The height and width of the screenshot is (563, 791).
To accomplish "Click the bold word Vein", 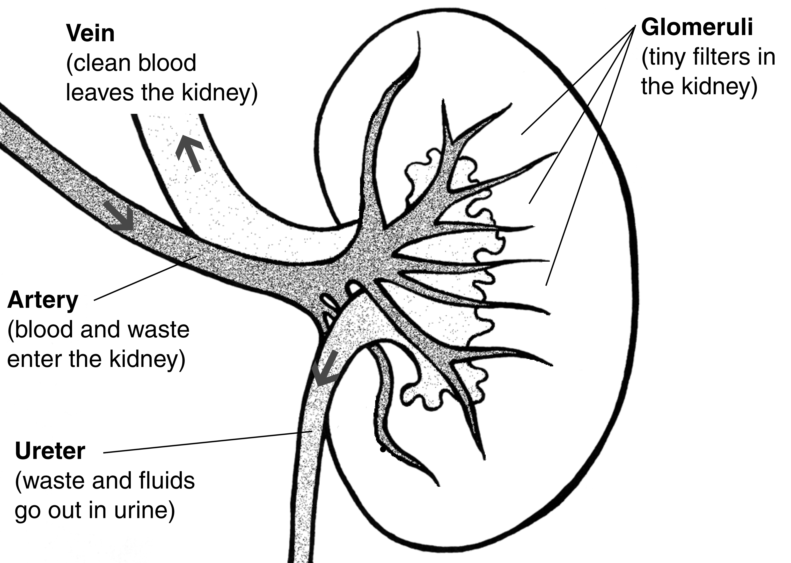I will tap(90, 34).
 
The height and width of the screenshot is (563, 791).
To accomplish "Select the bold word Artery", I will tap(43, 300).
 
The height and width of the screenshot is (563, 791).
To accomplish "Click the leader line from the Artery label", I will tap(146, 277).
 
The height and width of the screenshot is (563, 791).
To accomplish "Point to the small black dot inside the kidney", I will tap(382, 450).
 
